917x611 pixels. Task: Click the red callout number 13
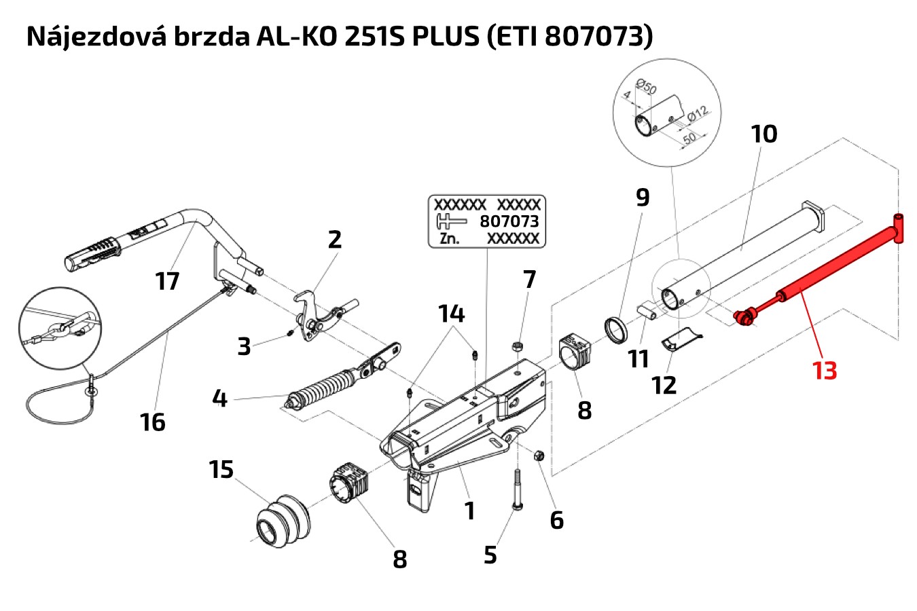coord(825,371)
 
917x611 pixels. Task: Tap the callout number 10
coord(764,134)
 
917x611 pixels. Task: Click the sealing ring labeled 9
coord(617,329)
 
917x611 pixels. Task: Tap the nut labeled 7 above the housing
coord(516,348)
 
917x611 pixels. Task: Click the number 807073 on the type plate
coord(509,221)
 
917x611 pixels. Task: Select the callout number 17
coord(167,280)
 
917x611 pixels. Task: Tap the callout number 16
coord(153,422)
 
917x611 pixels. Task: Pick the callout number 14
coord(451,314)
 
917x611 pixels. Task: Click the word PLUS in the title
coord(445,37)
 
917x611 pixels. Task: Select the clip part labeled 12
coord(681,341)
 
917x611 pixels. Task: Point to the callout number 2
coord(334,240)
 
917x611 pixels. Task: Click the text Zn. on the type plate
coord(449,238)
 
